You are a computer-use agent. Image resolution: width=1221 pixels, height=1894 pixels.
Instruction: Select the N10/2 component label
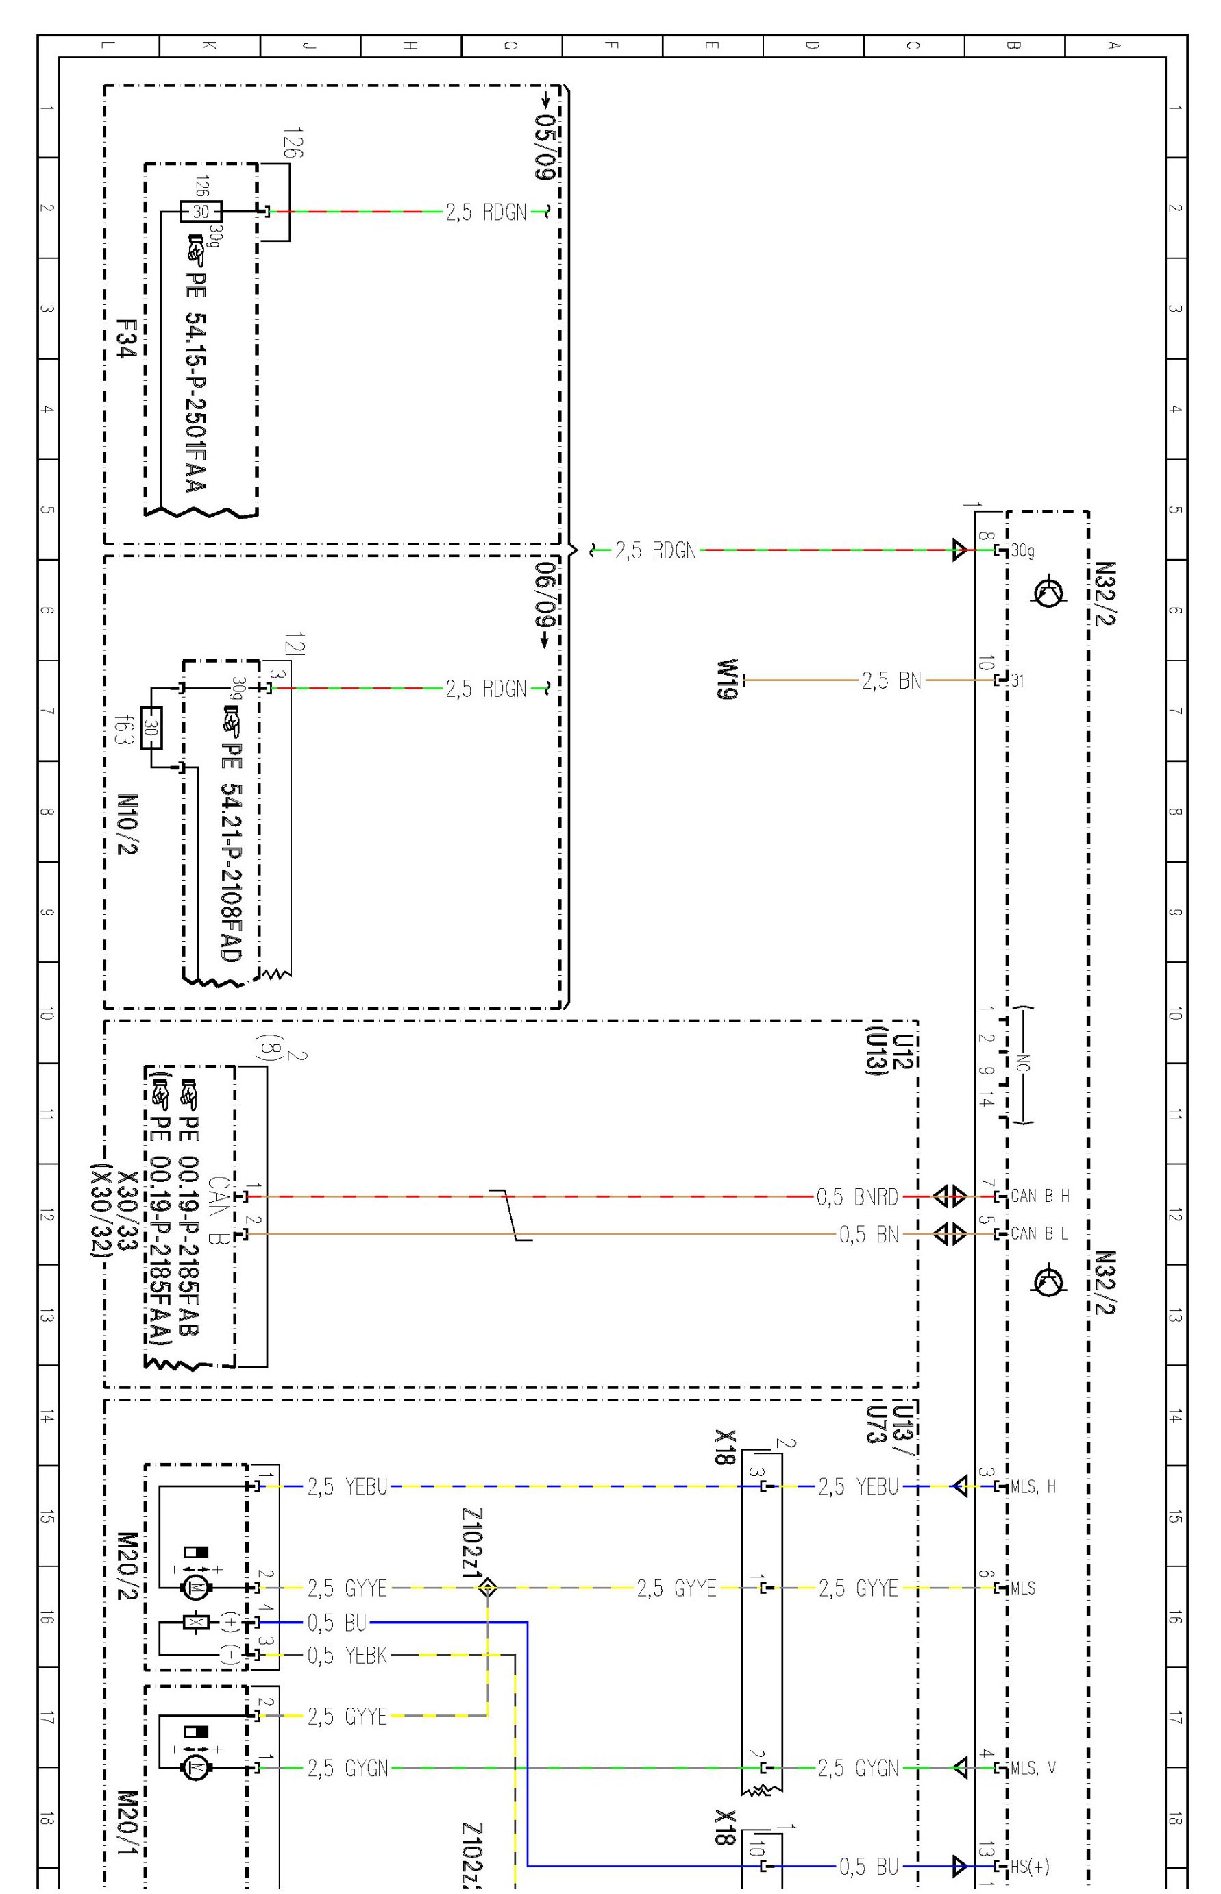pos(127,824)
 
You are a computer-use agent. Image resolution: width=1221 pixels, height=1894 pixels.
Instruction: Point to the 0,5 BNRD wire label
pos(857,1196)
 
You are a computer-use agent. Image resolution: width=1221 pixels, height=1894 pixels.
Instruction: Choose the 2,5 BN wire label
pos(891,680)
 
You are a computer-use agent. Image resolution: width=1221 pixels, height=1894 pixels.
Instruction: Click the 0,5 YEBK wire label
pos(347,1656)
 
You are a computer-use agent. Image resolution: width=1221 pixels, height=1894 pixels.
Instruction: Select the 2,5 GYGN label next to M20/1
pos(347,1768)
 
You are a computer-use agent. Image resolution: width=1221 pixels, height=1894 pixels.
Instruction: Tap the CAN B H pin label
pos(1039,1196)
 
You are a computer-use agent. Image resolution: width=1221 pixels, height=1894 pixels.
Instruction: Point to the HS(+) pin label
pos(1029,1867)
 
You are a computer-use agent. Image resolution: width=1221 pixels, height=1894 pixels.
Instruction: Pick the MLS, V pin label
pos(1033,1768)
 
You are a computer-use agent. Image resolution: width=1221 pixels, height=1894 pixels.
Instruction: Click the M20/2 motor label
pos(127,1566)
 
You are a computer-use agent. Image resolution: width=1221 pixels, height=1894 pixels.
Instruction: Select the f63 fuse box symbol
pos(151,727)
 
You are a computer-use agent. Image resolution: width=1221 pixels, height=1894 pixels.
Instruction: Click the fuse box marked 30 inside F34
pos(201,212)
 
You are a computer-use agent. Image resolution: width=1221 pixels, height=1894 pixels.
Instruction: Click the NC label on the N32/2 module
pos(1024,1063)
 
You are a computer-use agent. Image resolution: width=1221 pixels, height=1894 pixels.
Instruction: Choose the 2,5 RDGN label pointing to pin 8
pos(656,550)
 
